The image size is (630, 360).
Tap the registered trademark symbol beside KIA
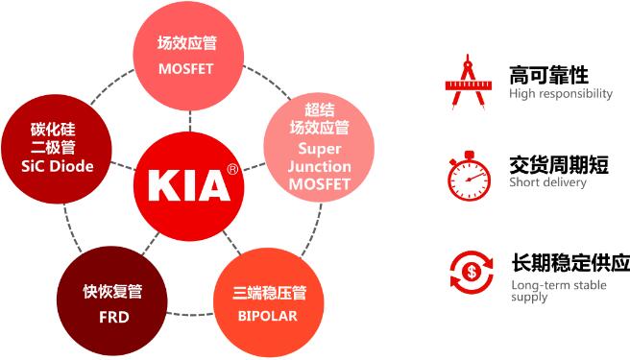[232, 169]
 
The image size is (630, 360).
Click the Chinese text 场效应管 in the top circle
[189, 43]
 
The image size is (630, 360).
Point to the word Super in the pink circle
[320, 149]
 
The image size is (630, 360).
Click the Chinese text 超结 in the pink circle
[320, 108]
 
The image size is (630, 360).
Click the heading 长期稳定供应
[570, 262]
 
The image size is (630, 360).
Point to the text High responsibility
[561, 94]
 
